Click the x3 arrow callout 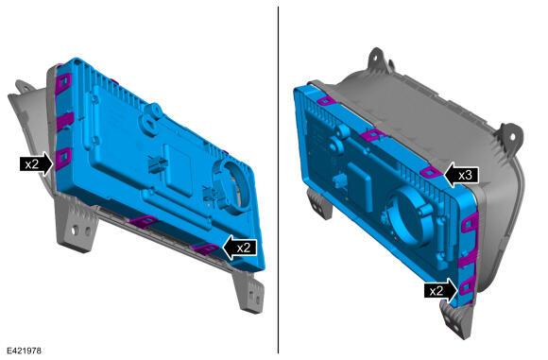pyautogui.click(x=461, y=175)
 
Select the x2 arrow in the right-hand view pyautogui.click(x=441, y=290)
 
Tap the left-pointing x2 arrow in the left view pyautogui.click(x=240, y=248)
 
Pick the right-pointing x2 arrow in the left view pyautogui.click(x=36, y=163)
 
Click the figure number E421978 pyautogui.click(x=25, y=351)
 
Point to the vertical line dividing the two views pyautogui.click(x=278, y=180)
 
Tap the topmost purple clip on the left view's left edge pyautogui.click(x=63, y=83)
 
